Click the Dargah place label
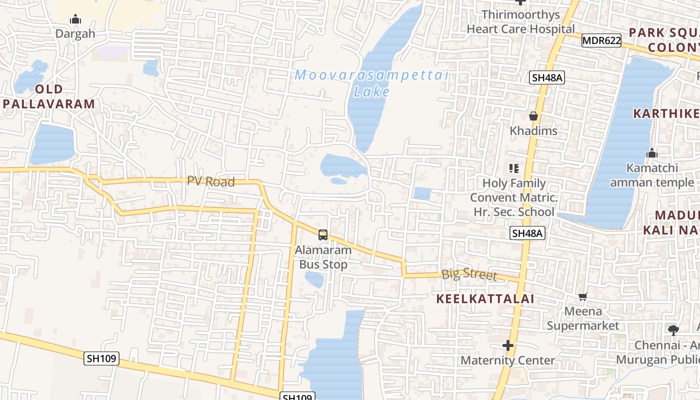point(75,34)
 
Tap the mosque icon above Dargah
point(75,19)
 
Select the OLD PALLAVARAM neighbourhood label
point(49,97)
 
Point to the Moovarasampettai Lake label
point(371,83)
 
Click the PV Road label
point(211,181)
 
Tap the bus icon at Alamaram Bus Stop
point(323,234)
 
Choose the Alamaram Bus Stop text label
point(323,257)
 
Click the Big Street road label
point(469,274)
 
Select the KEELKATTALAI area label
point(485,299)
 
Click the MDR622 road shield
point(601,41)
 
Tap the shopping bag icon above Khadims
point(533,116)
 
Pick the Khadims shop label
point(533,131)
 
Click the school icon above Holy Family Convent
point(513,168)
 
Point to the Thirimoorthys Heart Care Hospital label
point(520,22)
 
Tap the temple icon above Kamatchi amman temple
point(651,153)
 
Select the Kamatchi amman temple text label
point(652,175)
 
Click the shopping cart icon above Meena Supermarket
point(582,297)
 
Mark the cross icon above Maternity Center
point(508,345)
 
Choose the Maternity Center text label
point(508,360)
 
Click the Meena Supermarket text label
point(583,318)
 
